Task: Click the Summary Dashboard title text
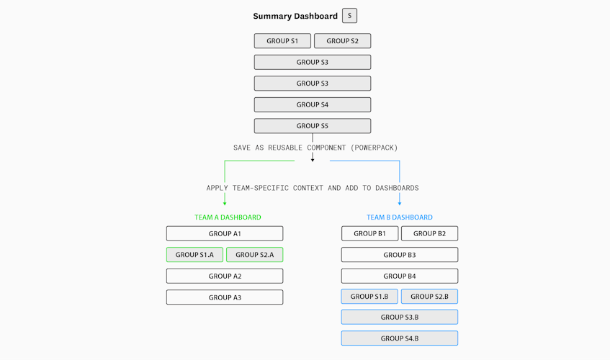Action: coord(295,16)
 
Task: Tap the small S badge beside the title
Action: coord(349,16)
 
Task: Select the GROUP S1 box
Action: coord(282,41)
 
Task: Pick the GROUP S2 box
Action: coord(342,41)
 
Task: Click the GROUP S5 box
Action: coord(313,126)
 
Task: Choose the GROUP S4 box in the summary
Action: coord(313,104)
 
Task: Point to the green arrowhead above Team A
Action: coord(225,203)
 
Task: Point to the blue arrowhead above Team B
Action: coord(400,203)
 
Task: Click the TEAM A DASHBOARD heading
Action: coord(228,217)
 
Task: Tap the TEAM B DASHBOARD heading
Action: coord(400,217)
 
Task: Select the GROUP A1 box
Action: coord(225,234)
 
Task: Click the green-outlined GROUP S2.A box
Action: coord(254,255)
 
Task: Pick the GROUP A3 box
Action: coord(225,297)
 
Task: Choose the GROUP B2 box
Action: coord(429,234)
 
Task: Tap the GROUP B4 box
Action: coord(400,276)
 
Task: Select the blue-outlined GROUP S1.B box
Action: coord(369,296)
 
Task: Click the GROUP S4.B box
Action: coord(400,338)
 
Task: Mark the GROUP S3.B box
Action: coord(400,317)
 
